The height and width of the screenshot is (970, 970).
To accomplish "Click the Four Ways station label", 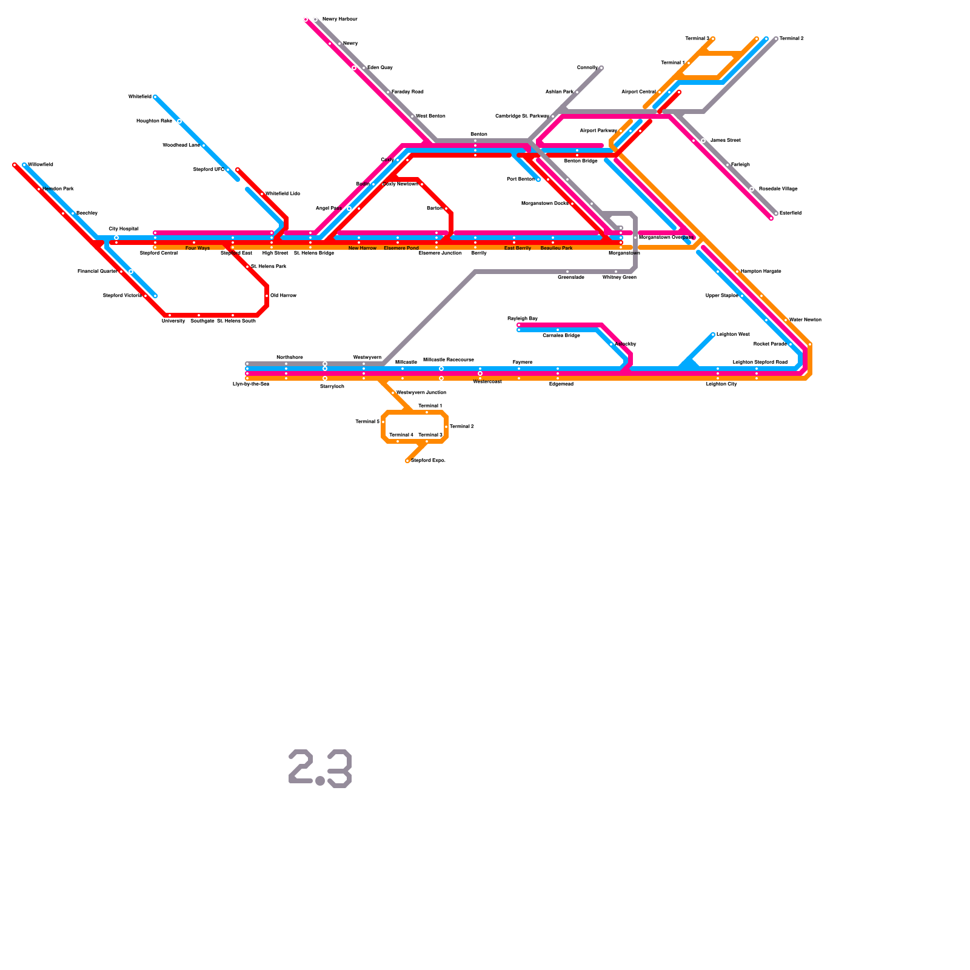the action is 198,248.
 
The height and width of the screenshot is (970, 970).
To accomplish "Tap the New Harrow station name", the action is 363,248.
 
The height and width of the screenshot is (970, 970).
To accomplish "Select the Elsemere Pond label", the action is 401,248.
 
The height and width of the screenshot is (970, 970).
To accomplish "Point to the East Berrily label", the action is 518,248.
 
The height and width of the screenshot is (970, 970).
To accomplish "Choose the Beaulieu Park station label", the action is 557,248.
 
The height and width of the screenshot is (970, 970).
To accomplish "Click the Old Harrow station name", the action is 283,295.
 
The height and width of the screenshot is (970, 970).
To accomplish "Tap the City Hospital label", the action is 124,229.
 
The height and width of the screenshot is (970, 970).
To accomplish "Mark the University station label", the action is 173,321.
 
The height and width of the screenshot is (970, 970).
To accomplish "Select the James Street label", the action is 725,140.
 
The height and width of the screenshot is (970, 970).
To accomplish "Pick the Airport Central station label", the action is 638,92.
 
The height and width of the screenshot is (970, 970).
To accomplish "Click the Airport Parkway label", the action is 598,130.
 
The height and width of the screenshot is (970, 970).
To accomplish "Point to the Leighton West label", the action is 733,334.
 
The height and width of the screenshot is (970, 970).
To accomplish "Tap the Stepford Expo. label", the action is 429,460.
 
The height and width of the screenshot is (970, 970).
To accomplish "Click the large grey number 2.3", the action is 320,769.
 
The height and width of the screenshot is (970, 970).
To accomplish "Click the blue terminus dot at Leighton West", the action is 713,335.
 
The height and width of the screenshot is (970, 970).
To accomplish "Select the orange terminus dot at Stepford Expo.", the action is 407,461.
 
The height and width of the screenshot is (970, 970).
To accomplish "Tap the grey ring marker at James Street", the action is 703,141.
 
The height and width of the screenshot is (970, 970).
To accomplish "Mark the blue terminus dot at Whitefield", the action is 155,97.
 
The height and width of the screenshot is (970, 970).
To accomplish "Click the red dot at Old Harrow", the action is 267,296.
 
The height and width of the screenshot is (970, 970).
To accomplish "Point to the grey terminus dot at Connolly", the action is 601,68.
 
